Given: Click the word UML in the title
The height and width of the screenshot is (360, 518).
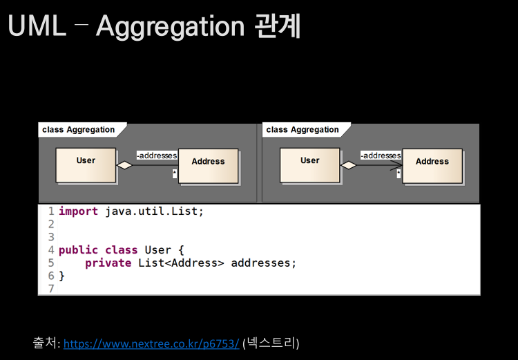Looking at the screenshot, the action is (37, 26).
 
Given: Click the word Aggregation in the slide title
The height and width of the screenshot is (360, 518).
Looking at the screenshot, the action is (170, 26).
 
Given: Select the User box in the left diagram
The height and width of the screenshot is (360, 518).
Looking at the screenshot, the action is (86, 164).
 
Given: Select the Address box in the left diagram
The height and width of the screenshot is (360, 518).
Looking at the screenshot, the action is (208, 166).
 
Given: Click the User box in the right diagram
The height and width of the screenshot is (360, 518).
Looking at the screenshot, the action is (309, 164).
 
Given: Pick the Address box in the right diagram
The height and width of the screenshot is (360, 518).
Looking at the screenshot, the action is (432, 166).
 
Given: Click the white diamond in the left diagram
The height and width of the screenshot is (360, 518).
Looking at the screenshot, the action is (124, 165).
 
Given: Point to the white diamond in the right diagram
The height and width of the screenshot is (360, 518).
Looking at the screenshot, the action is (348, 165).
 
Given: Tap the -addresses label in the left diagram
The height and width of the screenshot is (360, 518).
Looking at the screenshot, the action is (156, 155).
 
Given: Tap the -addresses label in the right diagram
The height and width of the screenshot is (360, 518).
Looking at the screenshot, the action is (381, 155).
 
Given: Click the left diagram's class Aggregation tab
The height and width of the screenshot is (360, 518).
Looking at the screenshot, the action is (79, 129).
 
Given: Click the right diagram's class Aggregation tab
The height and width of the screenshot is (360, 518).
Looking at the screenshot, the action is (303, 129).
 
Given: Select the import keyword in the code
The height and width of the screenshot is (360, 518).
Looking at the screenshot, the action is (78, 211).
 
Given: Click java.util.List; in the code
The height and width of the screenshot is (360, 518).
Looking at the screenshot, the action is (155, 211).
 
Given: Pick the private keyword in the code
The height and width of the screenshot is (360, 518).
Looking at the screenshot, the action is (108, 263).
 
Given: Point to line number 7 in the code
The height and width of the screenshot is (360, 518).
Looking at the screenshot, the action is (50, 288).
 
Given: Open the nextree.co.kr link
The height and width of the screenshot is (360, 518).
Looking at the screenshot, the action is (151, 343).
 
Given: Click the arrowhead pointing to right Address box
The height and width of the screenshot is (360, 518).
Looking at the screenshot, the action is (397, 166).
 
